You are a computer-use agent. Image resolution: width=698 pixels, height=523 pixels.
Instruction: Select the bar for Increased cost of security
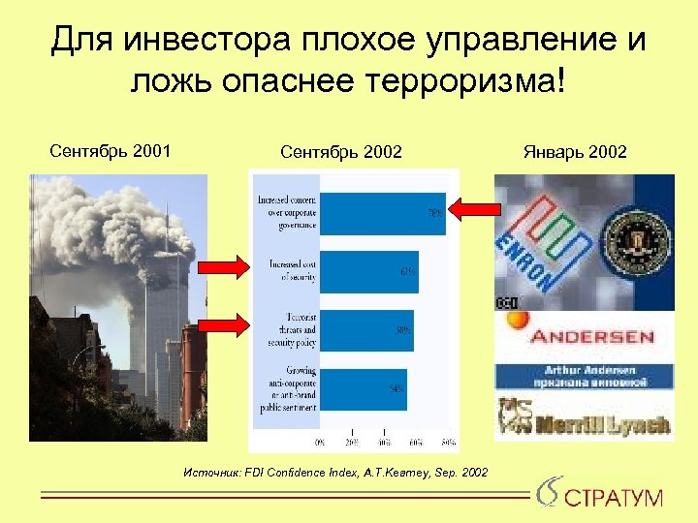pyautogui.click(x=368, y=271)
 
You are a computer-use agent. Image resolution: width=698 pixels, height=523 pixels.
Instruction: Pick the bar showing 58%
pyautogui.click(x=365, y=330)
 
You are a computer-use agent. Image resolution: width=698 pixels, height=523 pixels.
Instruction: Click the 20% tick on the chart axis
pyautogui.click(x=352, y=443)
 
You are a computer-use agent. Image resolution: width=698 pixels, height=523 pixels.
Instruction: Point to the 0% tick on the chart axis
pyautogui.click(x=321, y=443)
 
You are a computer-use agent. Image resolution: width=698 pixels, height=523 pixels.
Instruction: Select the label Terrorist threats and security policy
pyautogui.click(x=292, y=330)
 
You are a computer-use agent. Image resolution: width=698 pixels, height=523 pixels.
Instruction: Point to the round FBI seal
pyautogui.click(x=635, y=240)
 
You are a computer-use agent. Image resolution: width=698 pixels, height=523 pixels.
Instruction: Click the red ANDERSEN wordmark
pyautogui.click(x=591, y=339)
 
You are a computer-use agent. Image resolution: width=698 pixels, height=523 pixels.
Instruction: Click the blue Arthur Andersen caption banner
pyautogui.click(x=583, y=377)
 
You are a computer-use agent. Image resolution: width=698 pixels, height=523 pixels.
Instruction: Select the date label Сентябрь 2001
pyautogui.click(x=110, y=151)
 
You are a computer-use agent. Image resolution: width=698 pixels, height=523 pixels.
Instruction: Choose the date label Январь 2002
pyautogui.click(x=575, y=152)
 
